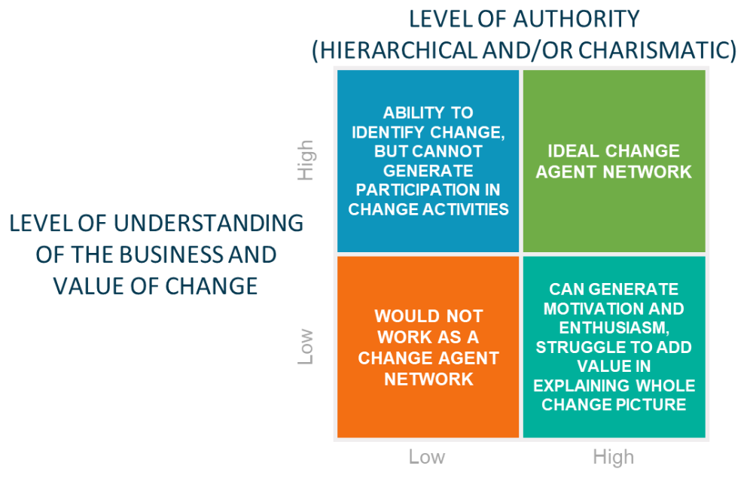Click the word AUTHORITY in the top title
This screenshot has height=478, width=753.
pyautogui.click(x=577, y=20)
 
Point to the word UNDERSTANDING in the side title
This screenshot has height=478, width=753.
pyautogui.click(x=209, y=224)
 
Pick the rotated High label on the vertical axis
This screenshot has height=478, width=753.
pyautogui.click(x=306, y=160)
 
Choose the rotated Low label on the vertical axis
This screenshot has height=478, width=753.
pyautogui.click(x=306, y=346)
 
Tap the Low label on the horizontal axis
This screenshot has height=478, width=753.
pyautogui.click(x=427, y=457)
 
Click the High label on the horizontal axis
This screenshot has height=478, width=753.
pyautogui.click(x=613, y=457)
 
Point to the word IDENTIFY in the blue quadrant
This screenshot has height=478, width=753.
pyautogui.click(x=388, y=132)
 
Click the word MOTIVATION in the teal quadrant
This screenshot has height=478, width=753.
pyautogui.click(x=587, y=309)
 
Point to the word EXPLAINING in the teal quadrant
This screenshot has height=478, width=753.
pyautogui.click(x=581, y=385)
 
